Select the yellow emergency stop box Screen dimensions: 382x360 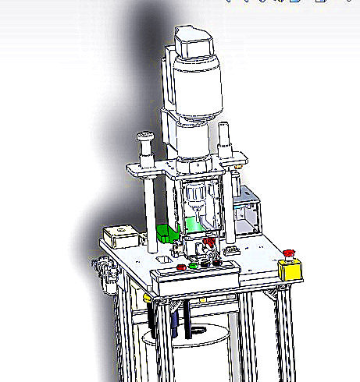290,269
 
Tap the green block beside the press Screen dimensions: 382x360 167,233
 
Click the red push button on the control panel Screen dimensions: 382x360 182,267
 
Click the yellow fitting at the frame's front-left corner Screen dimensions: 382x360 148,298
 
